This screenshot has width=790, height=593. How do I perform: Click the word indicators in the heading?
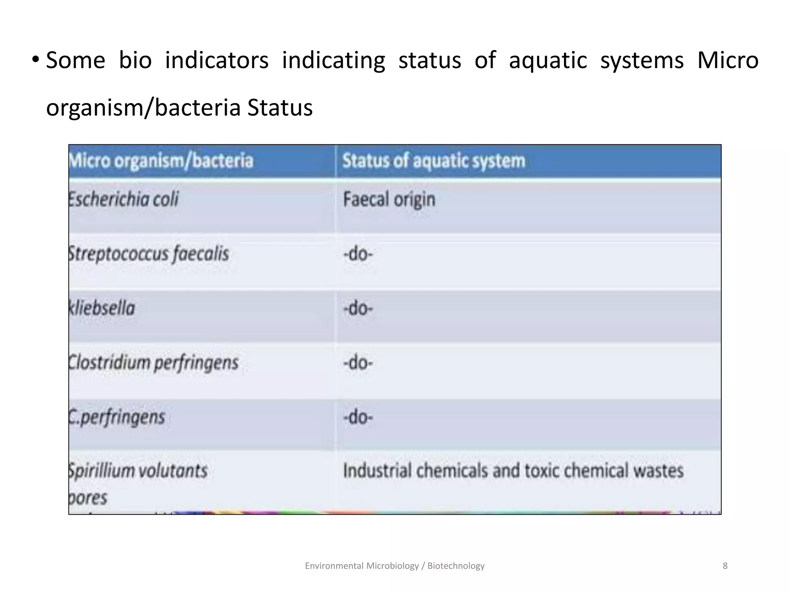click(x=216, y=61)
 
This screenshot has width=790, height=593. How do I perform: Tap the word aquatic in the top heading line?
click(x=548, y=61)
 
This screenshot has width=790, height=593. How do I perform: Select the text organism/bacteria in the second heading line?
click(x=143, y=108)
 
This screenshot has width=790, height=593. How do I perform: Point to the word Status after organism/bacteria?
click(x=280, y=108)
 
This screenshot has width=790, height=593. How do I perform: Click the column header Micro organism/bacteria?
click(x=161, y=161)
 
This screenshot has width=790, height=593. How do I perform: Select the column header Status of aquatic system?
click(x=434, y=161)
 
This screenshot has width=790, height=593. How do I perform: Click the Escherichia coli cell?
click(x=123, y=200)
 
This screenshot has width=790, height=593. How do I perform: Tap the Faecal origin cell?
click(x=389, y=200)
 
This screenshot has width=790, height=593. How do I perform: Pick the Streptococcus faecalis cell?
click(x=149, y=254)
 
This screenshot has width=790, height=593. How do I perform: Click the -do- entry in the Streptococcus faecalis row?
click(x=358, y=254)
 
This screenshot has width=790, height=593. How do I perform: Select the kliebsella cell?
click(x=102, y=308)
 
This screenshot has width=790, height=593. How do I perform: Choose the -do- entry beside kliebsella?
click(x=358, y=308)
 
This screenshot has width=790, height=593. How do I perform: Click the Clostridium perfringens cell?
click(x=154, y=363)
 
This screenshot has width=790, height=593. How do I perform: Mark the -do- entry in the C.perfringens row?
click(x=358, y=417)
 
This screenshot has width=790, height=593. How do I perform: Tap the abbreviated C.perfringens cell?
click(x=117, y=417)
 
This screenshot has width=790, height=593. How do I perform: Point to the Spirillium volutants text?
click(x=138, y=471)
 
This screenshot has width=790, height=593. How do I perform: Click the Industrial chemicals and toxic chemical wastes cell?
click(x=513, y=471)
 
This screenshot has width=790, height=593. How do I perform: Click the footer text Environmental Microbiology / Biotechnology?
click(x=395, y=566)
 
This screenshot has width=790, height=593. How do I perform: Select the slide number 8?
click(x=725, y=566)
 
